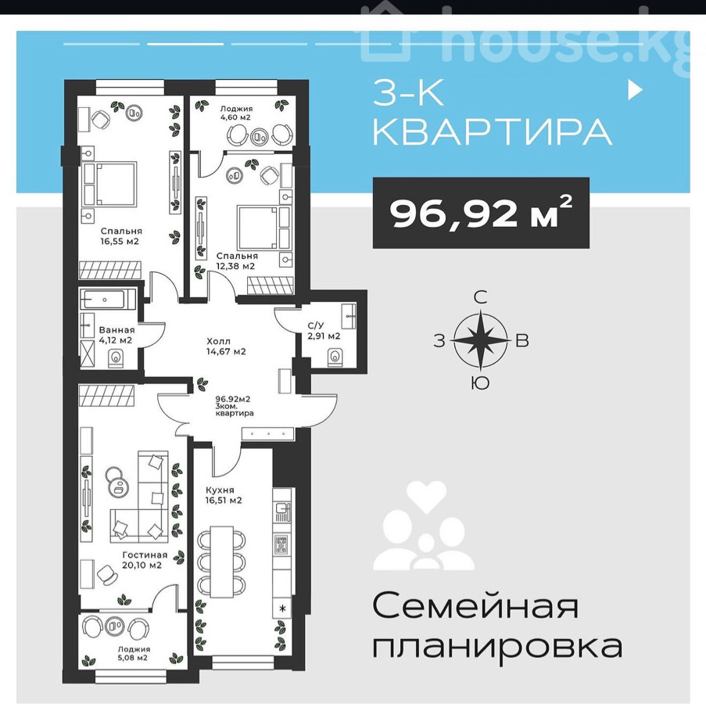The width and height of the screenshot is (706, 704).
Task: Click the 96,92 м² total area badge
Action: [x=481, y=213]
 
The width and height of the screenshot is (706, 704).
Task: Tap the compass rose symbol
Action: [x=481, y=339]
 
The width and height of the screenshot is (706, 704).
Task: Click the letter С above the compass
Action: [x=481, y=297]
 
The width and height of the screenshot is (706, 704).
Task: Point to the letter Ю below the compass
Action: [x=480, y=383]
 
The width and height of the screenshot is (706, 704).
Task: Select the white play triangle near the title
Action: [x=635, y=90]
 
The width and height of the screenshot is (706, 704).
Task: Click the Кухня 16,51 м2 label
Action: [x=224, y=495]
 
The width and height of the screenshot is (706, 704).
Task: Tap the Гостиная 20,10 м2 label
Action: [x=145, y=560]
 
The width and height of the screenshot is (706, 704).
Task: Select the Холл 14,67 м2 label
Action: [x=226, y=347]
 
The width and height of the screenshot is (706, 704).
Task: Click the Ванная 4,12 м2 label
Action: [x=116, y=335]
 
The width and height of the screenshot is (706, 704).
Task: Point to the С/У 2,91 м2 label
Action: [x=324, y=331]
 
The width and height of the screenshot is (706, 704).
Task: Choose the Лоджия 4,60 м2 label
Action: [x=236, y=113]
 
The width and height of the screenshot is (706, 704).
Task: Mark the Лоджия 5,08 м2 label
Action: [x=134, y=654]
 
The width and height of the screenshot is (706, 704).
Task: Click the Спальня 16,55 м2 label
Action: [x=121, y=236]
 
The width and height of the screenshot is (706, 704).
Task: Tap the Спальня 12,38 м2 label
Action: [x=237, y=260]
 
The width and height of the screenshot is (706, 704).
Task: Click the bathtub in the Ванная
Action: [x=107, y=300]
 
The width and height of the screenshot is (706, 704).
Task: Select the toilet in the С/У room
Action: [x=335, y=356]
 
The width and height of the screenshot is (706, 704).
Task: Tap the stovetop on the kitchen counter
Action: [x=282, y=544]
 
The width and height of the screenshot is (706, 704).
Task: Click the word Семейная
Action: [x=475, y=607]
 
